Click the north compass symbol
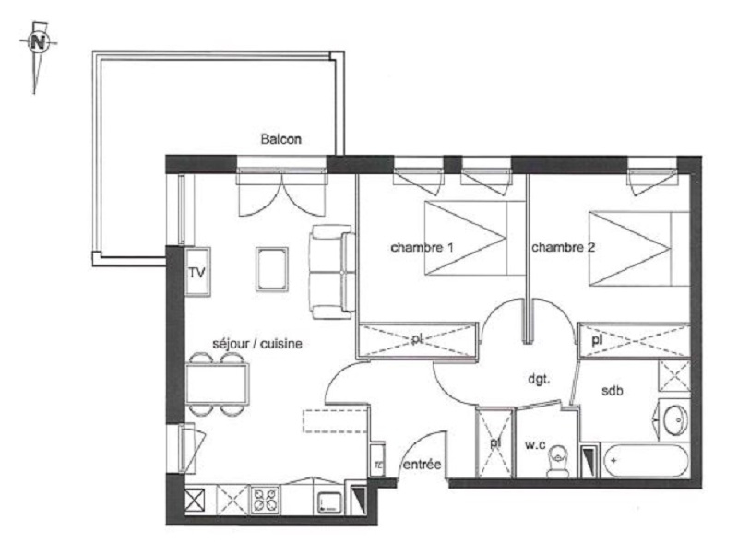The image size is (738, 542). [38, 42]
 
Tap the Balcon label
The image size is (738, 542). [281, 139]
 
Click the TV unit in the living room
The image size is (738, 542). [197, 272]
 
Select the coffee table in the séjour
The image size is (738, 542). [272, 269]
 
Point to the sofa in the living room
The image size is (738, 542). [332, 272]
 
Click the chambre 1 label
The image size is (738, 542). [422, 247]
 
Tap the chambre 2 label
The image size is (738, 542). [563, 247]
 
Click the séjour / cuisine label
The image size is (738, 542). [257, 344]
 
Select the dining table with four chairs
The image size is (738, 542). [217, 383]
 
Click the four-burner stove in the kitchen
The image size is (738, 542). [265, 501]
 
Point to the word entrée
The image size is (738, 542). [423, 465]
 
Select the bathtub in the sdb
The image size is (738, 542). [645, 461]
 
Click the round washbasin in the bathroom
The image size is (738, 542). [675, 419]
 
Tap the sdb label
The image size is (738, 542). [613, 390]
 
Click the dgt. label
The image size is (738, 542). [539, 379]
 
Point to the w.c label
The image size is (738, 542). [535, 444]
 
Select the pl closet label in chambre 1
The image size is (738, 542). [417, 338]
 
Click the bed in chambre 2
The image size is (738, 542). [639, 249]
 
